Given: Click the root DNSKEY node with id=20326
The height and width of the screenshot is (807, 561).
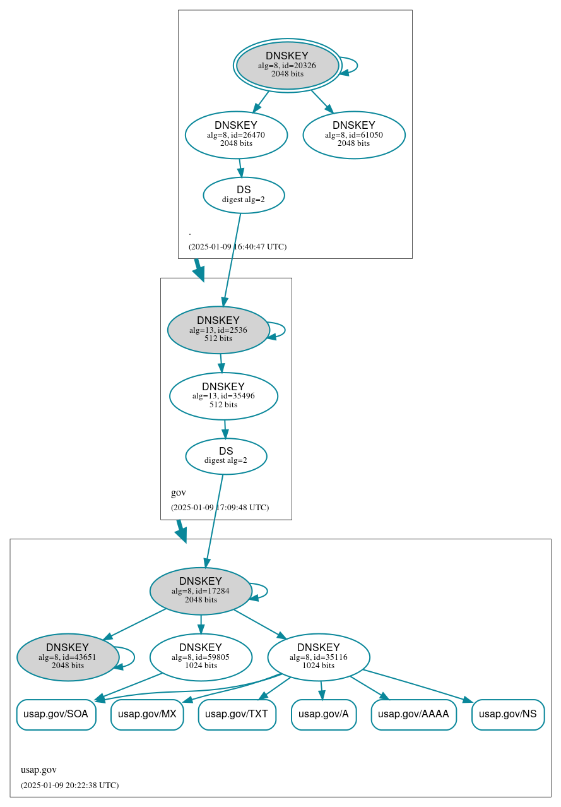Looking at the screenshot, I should point(287,65).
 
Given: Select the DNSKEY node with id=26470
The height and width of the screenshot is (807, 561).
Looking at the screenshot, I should point(236,134).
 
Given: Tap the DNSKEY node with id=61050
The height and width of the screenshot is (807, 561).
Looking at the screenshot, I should point(354,134).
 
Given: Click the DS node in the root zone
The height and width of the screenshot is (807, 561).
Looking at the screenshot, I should point(244,194).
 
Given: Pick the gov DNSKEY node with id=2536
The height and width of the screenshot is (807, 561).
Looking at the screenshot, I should point(218,330).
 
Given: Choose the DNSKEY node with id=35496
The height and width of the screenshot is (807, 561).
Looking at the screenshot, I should point(223,396).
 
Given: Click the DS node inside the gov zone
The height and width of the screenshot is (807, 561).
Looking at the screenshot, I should point(226,456).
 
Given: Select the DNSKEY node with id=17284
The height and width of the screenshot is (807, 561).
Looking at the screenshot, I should point(201,591).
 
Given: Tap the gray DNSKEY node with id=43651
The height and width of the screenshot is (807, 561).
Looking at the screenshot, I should point(68,657).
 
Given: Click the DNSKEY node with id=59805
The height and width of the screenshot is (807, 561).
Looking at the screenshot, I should point(201,657).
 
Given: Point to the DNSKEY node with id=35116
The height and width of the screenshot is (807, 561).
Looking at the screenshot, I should point(319,657).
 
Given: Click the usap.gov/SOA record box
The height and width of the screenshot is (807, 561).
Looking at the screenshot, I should point(56,714).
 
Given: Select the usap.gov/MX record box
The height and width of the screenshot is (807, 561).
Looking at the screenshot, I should point(147,714).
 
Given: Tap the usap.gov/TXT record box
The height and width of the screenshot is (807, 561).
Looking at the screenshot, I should point(237,714).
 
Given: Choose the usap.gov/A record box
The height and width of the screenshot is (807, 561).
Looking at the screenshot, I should point(324,714).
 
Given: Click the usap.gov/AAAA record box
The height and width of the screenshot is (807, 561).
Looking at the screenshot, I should point(413,714).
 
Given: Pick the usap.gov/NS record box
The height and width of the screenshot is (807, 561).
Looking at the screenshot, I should point(507,714).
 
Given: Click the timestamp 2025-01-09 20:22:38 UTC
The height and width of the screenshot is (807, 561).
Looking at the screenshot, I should point(69,786).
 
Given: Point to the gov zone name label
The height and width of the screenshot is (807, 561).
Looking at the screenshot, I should point(178,493).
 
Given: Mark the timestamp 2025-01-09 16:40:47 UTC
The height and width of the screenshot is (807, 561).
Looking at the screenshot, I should point(237,246).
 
